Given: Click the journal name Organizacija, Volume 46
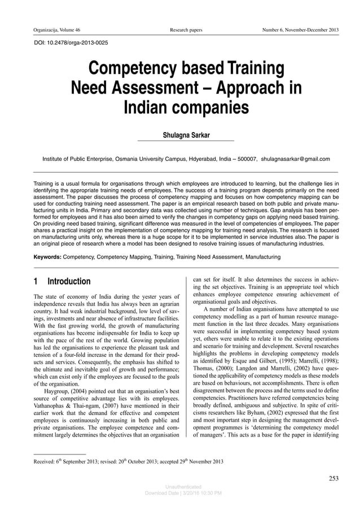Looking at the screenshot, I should pos(56,29).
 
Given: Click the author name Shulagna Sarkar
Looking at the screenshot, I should pos(186,136).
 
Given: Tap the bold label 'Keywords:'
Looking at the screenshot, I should pos(47,257).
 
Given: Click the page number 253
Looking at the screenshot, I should pos(333,479).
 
